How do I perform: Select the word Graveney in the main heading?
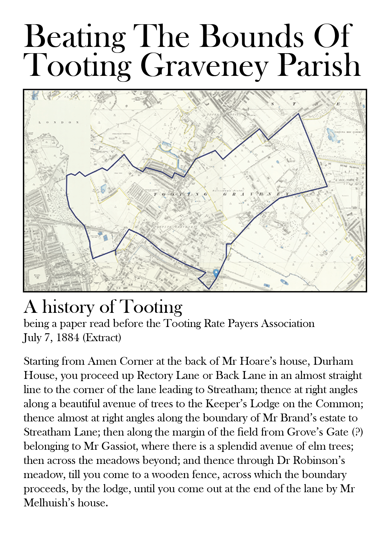[x=205, y=65]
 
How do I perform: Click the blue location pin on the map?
[x=216, y=273]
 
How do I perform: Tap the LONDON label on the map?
[x=59, y=122]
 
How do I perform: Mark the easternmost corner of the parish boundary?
[x=327, y=186]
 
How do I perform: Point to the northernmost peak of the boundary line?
[x=298, y=114]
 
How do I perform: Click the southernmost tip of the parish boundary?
[x=209, y=289]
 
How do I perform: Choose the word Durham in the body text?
[x=333, y=361]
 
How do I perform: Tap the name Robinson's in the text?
[x=319, y=460]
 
